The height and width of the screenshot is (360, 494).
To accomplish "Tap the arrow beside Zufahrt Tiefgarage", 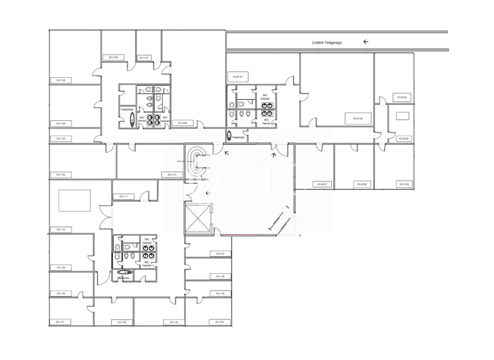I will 366,42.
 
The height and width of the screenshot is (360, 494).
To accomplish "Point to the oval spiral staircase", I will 199,161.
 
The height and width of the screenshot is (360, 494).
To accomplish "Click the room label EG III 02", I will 358,118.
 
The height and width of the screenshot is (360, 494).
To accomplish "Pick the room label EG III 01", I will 235,76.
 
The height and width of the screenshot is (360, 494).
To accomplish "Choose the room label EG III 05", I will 405,184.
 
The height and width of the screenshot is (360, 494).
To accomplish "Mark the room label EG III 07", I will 322,184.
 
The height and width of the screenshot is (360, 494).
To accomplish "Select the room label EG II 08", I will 183,123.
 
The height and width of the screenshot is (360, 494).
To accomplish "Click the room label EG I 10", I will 60,230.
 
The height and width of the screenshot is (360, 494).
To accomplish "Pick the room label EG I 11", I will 122,197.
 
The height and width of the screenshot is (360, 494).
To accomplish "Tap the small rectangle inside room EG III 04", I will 403,116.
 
